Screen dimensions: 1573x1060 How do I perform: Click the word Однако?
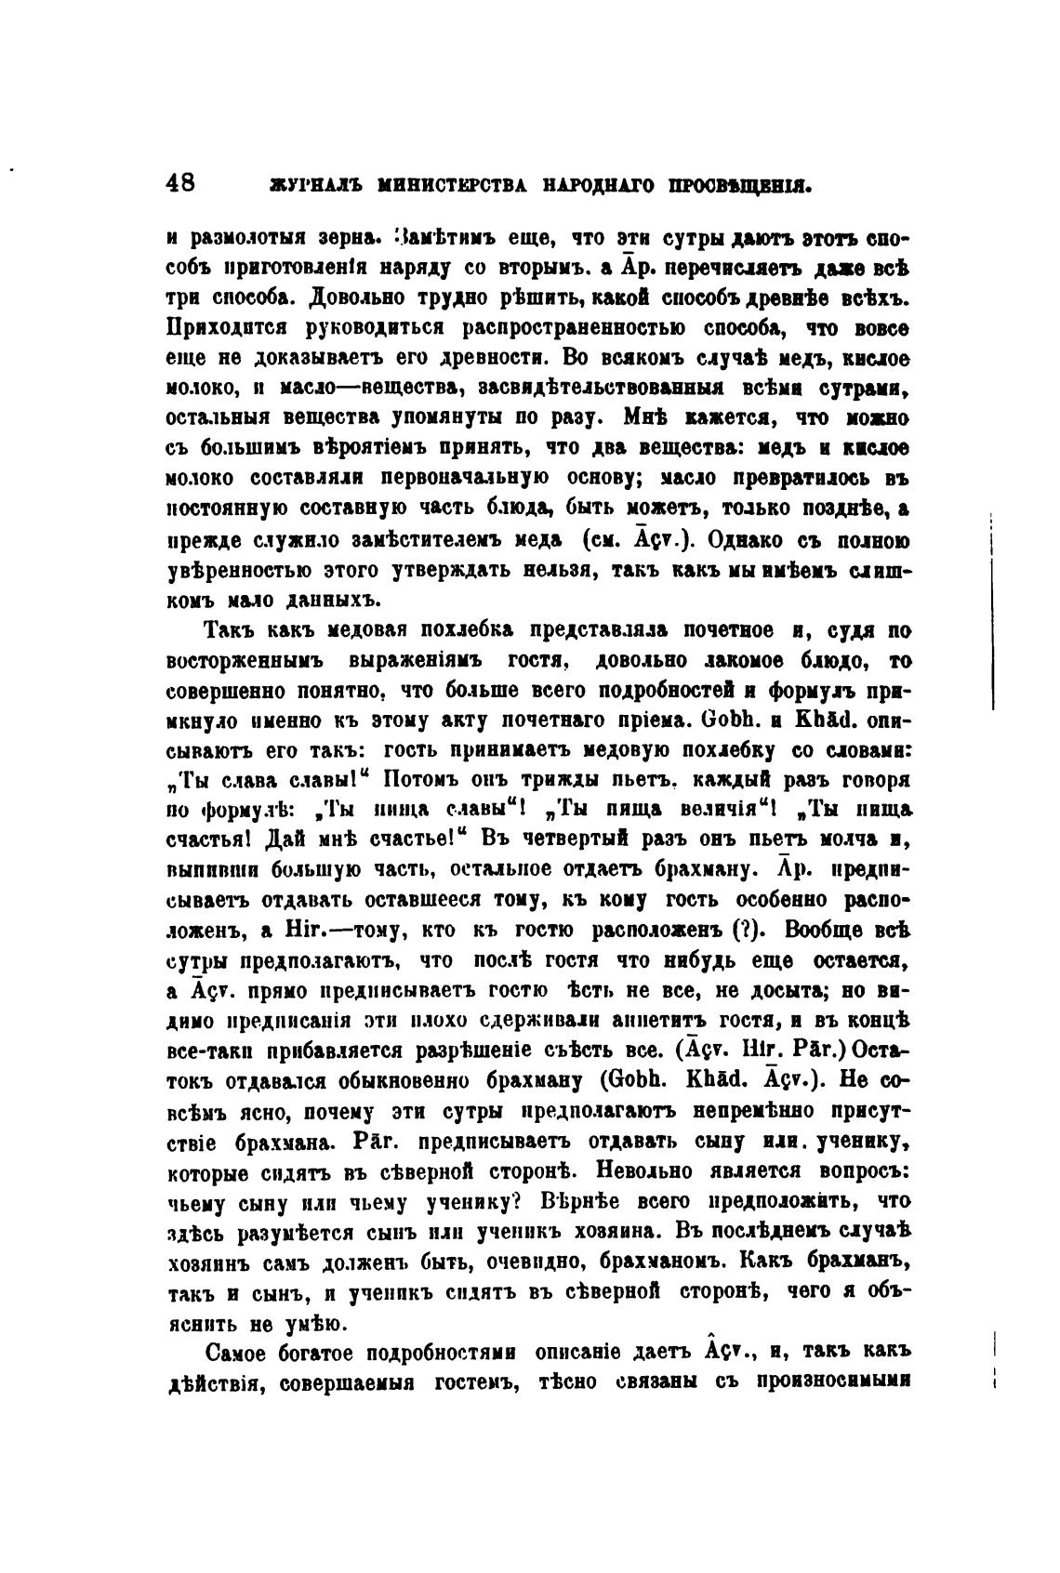point(744,538)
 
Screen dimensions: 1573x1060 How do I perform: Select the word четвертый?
point(561,839)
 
